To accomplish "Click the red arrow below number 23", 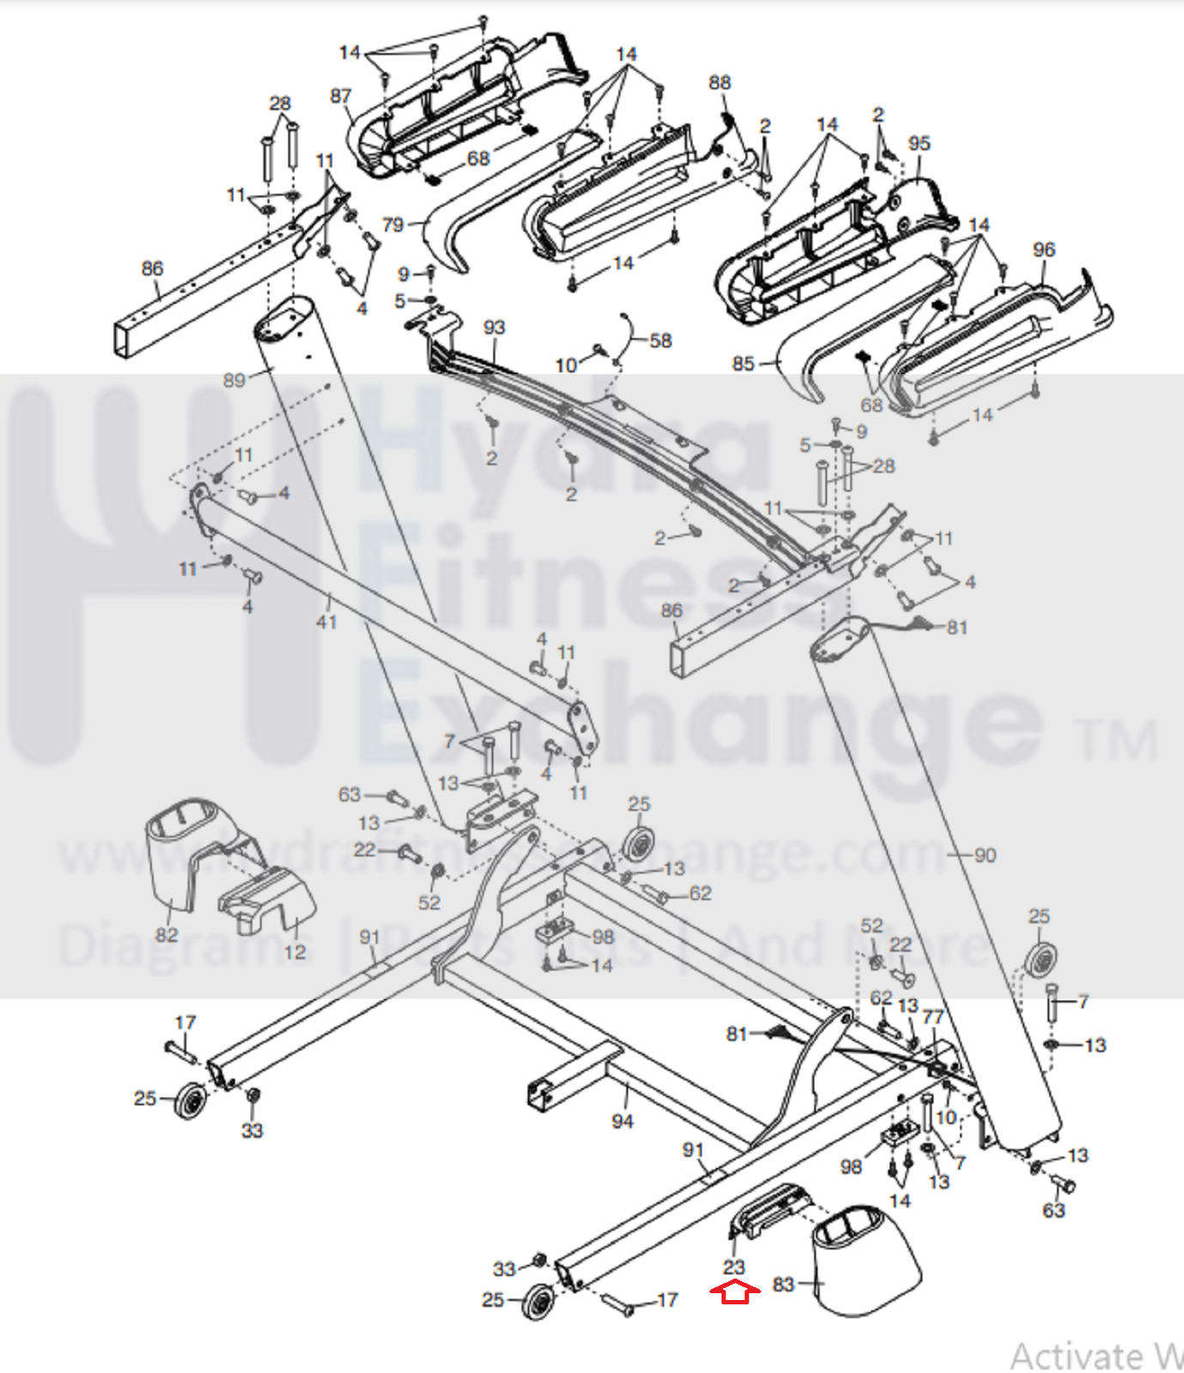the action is (x=734, y=1291).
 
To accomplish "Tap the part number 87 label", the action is (x=341, y=95).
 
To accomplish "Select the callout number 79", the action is (x=392, y=225).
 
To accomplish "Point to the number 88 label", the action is (x=720, y=82).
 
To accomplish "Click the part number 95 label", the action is (x=919, y=143).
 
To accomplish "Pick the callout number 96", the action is (x=1043, y=250).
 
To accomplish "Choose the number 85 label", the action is (x=743, y=364).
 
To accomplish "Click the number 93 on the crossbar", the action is (x=494, y=327).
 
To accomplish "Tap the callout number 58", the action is (x=660, y=341).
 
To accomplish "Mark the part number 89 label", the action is (x=234, y=380).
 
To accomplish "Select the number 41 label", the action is (x=326, y=621).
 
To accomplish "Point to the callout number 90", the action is (x=985, y=855).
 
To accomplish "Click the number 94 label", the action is (x=622, y=1121).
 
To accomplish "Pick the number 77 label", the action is (x=933, y=1017).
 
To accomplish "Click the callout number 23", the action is (x=734, y=1267).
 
